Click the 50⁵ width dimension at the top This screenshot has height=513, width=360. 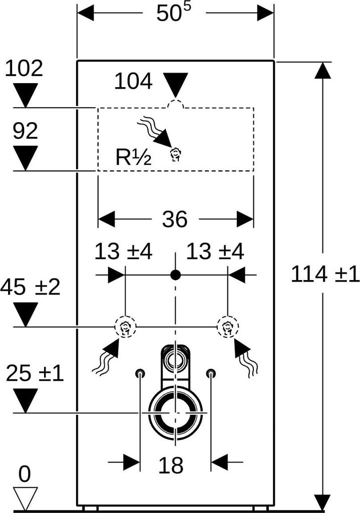pos(173,14)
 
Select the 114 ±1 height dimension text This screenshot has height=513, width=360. pos(325,274)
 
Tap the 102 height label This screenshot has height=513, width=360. pos(24,68)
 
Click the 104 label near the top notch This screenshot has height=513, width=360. pos(133,81)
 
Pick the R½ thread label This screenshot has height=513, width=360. pos(133,157)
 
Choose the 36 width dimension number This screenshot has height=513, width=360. pos(175,219)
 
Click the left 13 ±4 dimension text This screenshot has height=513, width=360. pos(124,251)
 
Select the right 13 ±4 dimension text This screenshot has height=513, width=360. pos(215,251)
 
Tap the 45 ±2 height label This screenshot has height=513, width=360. pos(31,287)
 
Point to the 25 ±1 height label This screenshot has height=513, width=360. pos(35,373)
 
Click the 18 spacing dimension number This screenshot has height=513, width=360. pos(171,465)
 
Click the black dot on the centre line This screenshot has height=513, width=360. pos(176,275)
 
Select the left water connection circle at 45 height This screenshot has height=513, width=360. pos(125,327)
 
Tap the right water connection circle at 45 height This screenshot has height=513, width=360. pos(228,327)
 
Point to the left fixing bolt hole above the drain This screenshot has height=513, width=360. pos(140,373)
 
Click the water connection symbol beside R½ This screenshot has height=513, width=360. pos(176,155)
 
